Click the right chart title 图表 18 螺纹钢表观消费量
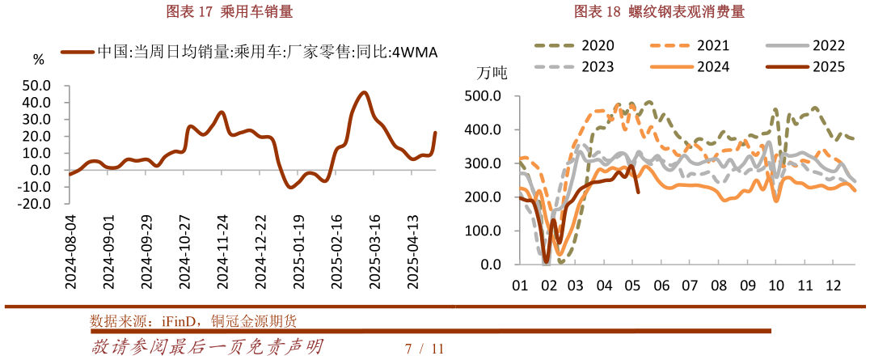659,11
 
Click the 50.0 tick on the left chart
36,85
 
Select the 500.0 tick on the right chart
484,96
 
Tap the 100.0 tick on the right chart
484,231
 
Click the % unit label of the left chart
38,59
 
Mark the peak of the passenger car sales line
364,92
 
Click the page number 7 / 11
425,349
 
